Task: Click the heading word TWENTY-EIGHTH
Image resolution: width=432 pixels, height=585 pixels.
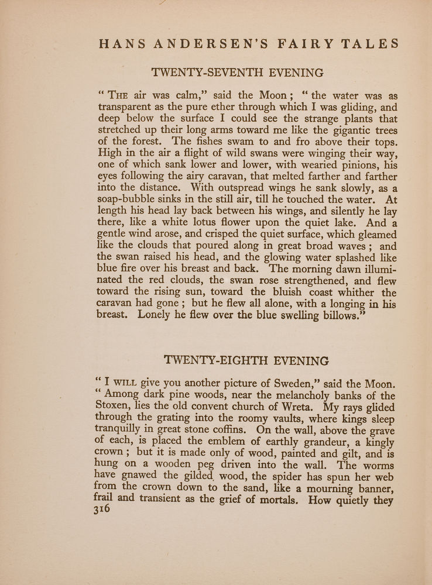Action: point(212,360)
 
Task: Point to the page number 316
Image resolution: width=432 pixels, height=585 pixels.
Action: point(102,510)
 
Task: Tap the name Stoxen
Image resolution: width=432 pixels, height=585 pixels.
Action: point(114,409)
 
